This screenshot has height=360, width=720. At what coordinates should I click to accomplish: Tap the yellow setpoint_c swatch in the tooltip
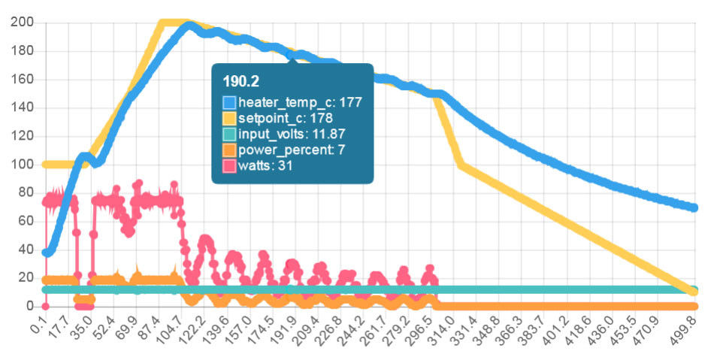(229, 118)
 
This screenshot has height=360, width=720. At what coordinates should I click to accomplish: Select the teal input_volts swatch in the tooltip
(229, 134)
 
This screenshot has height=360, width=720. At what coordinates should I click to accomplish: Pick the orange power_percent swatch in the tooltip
(229, 150)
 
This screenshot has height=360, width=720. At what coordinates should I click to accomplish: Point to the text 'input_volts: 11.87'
(292, 134)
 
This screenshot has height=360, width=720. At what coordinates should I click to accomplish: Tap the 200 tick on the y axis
(23, 23)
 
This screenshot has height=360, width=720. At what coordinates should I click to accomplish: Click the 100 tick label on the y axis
(23, 165)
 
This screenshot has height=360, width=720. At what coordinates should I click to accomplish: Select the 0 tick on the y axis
(30, 306)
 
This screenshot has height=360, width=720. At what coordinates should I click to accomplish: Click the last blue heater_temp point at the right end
(694, 207)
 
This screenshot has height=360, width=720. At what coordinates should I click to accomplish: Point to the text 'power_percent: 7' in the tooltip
(286, 150)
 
